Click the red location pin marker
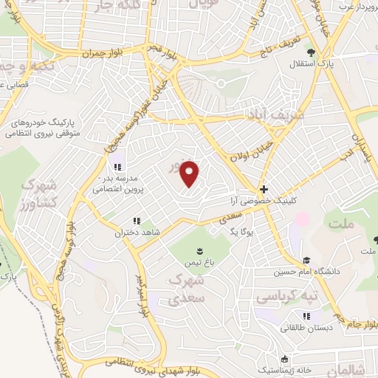pyautogui.click(x=190, y=173)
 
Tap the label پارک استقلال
pyautogui.click(x=337, y=65)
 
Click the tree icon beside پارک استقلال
pyautogui.click(x=312, y=52)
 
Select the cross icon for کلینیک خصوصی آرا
pyautogui.click(x=264, y=189)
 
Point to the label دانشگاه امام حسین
pyautogui.click(x=333, y=271)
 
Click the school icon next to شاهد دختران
pyautogui.click(x=136, y=221)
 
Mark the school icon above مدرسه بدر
pyautogui.click(x=117, y=165)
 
